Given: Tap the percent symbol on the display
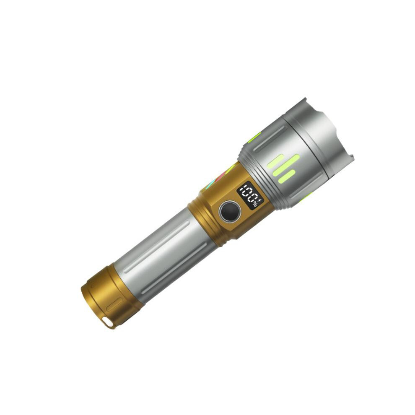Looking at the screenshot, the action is pyautogui.click(x=255, y=204).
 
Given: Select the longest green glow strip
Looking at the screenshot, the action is pyautogui.click(x=286, y=165).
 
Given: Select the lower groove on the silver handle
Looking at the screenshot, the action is pyautogui.click(x=174, y=268).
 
